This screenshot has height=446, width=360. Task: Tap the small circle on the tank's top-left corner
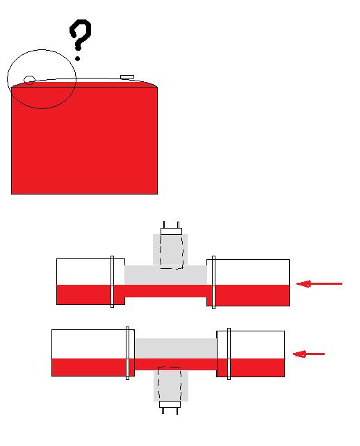29,80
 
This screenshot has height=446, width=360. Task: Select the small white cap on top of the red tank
127,77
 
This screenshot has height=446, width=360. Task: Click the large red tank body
84,140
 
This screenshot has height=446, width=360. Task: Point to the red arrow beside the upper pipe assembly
319,283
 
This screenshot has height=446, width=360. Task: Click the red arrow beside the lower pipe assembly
309,354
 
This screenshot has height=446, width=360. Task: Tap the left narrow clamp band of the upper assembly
112,281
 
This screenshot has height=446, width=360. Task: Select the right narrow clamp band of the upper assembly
214,282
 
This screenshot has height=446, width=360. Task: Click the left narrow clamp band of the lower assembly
127,353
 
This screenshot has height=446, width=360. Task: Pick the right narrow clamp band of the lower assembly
229,354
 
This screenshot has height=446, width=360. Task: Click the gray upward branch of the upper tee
170,249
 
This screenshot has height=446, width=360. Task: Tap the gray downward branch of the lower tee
171,386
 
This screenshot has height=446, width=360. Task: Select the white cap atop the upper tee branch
171,231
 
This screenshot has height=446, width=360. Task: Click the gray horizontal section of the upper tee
165,275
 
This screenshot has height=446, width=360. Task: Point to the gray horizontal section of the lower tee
176,349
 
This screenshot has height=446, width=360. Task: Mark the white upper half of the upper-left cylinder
83,272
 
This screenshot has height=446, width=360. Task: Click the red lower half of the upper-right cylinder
252,295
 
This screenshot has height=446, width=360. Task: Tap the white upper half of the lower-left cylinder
89,344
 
